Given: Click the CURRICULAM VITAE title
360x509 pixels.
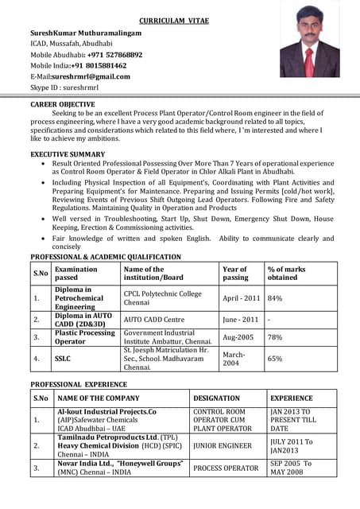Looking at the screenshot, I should coord(173,20).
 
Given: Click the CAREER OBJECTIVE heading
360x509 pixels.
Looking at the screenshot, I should coord(63,104).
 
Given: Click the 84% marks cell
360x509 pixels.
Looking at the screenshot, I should coord(275,298).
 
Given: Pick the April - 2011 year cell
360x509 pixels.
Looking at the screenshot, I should coord(242,298).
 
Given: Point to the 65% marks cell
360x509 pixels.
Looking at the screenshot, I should coord(275,359).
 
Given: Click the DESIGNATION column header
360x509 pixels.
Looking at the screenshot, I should coord(216,398).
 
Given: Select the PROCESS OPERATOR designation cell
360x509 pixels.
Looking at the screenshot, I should coord(226,468).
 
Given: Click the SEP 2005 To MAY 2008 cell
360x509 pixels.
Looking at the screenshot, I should coord(291,468).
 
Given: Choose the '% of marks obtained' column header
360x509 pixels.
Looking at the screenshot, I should coord(287,274).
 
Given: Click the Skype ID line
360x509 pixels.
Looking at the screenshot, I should coord(64,87).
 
